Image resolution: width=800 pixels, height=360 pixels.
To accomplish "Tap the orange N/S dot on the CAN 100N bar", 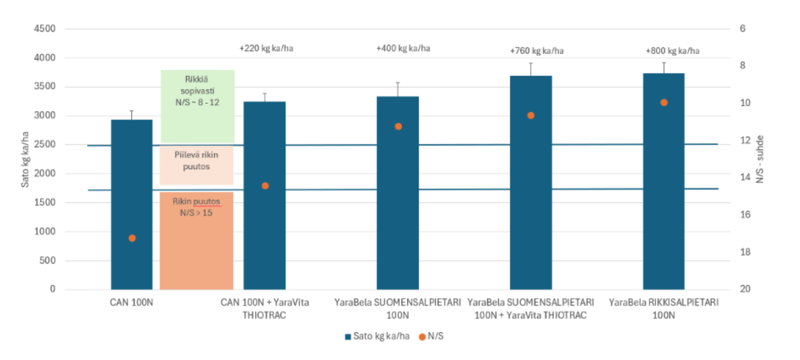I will click(x=132, y=238).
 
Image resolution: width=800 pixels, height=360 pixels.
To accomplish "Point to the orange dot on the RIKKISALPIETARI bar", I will click(x=664, y=103).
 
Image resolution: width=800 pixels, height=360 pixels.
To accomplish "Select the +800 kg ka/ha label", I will click(x=672, y=51).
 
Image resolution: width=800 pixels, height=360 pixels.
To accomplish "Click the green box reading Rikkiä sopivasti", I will click(x=197, y=91).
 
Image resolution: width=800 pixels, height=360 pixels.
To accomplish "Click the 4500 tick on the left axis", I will click(x=44, y=29).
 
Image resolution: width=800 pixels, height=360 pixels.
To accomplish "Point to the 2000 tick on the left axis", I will click(x=44, y=174).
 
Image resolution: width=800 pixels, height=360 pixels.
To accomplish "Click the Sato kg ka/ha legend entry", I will click(x=377, y=336).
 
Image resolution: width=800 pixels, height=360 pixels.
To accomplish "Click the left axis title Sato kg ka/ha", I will click(x=26, y=159).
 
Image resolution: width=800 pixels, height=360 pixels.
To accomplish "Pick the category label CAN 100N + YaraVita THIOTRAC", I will click(x=265, y=308).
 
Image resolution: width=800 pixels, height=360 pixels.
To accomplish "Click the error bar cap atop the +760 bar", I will click(x=531, y=63).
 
